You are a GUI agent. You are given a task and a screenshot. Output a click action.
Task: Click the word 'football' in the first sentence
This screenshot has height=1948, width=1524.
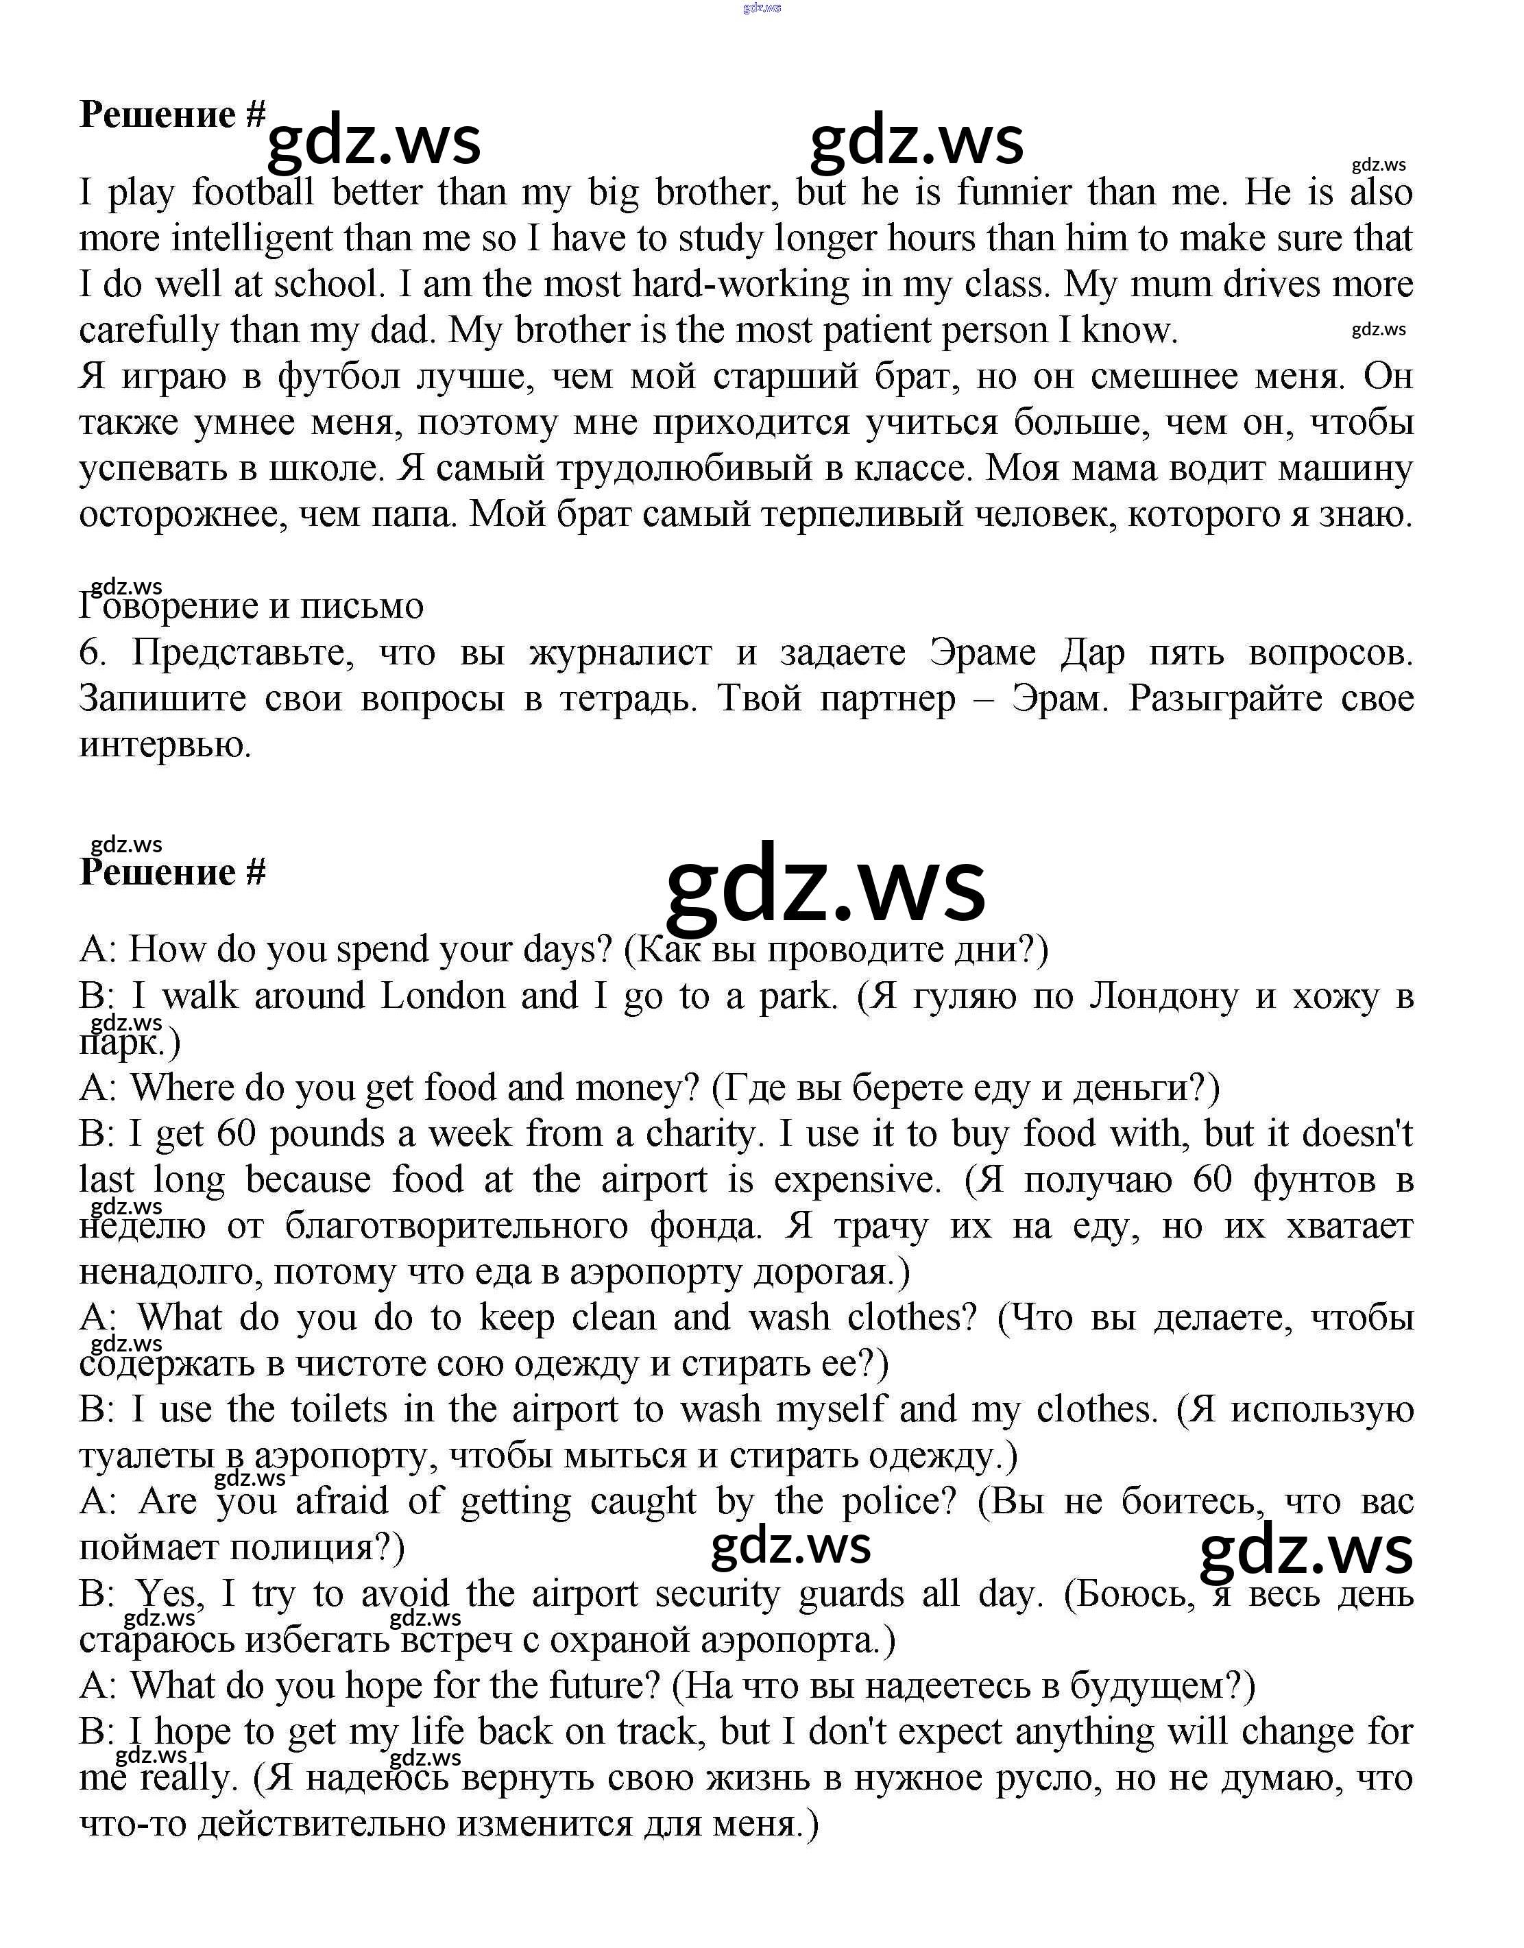pyautogui.click(x=252, y=192)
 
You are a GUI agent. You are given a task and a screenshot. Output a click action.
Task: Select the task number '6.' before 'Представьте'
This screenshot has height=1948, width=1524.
pyautogui.click(x=93, y=652)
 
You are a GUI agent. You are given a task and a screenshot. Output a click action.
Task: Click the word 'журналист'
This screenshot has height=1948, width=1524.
pyautogui.click(x=620, y=652)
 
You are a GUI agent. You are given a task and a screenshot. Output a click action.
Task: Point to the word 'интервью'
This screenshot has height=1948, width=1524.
pyautogui.click(x=164, y=744)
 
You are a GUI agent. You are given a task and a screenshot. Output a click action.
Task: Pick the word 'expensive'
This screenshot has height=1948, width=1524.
pyautogui.click(x=858, y=1179)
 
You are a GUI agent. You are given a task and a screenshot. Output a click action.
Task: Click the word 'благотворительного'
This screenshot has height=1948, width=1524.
pyautogui.click(x=457, y=1226)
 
